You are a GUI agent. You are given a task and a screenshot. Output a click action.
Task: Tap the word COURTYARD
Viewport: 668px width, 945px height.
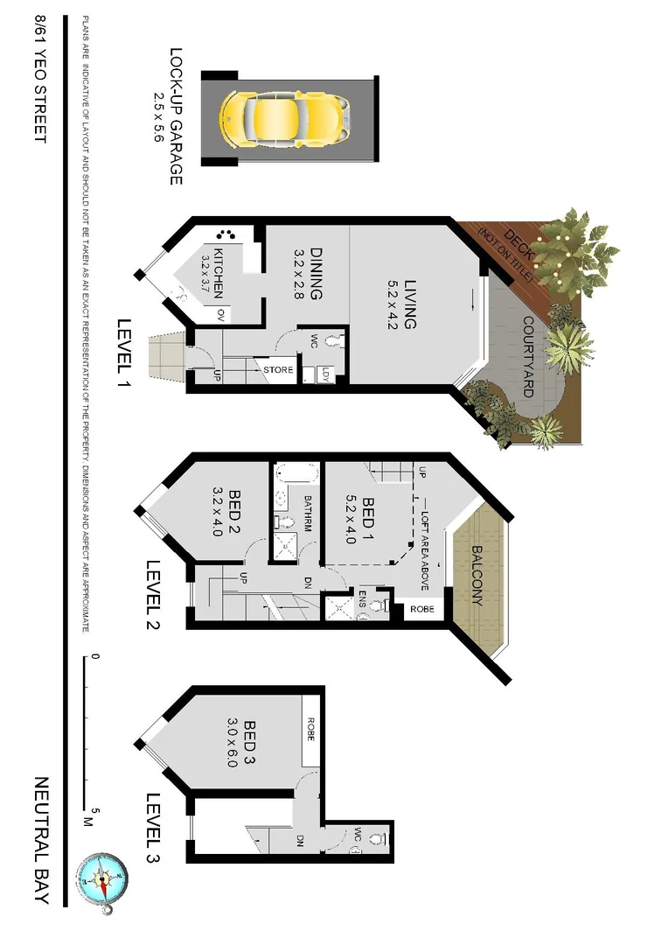[x=528, y=357]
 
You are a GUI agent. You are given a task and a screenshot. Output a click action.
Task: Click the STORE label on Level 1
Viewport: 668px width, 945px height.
[x=279, y=370]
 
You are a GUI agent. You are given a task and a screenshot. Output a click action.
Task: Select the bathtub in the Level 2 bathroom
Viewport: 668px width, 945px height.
[x=288, y=479]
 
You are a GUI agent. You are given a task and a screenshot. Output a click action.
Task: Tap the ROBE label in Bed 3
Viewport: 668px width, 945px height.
[x=310, y=730]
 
